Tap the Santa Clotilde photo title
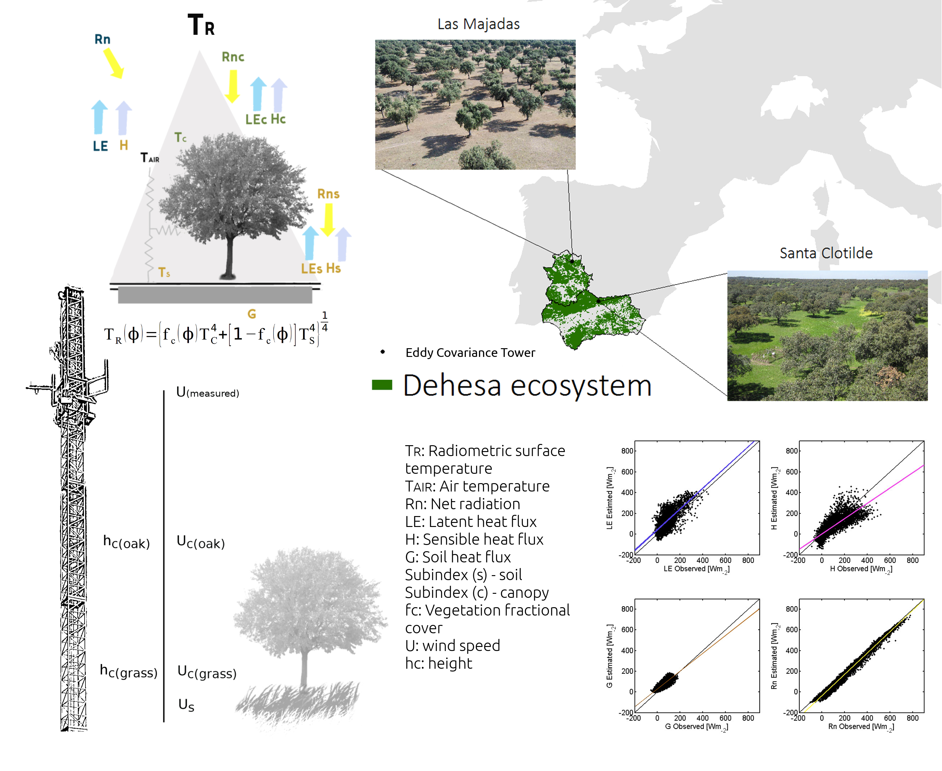click(x=826, y=253)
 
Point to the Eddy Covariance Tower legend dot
click(x=383, y=352)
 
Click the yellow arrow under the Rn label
click(x=114, y=63)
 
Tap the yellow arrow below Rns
click(x=328, y=220)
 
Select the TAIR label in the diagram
click(x=149, y=158)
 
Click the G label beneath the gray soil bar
click(x=252, y=314)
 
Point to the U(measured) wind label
click(x=207, y=392)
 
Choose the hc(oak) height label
click(x=126, y=542)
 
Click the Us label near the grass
click(x=186, y=704)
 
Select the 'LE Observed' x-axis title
click(x=696, y=569)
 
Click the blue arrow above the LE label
click(x=99, y=117)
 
